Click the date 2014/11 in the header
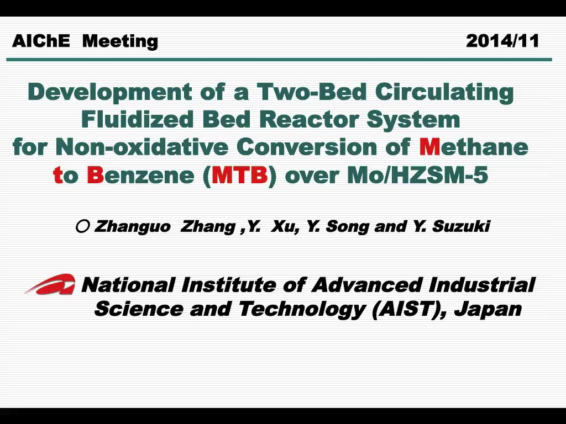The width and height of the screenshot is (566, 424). pyautogui.click(x=502, y=41)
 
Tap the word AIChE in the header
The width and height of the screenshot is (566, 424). pyautogui.click(x=41, y=41)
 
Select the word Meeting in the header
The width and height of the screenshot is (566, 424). pyautogui.click(x=120, y=41)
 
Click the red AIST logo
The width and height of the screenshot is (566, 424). pyautogui.click(x=50, y=284)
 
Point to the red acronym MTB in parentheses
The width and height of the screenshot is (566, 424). pyautogui.click(x=240, y=175)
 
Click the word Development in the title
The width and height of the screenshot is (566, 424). pyautogui.click(x=110, y=92)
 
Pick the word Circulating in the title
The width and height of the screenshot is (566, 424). pyautogui.click(x=444, y=92)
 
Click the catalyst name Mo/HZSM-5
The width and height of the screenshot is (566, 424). pyautogui.click(x=418, y=175)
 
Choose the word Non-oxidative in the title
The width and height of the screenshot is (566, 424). pyautogui.click(x=142, y=147)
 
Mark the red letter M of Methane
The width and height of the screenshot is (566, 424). pyautogui.click(x=429, y=147)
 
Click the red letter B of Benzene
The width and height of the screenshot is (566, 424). pyautogui.click(x=95, y=175)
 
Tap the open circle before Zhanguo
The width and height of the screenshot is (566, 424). pyautogui.click(x=83, y=226)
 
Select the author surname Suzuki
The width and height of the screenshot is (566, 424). pyautogui.click(x=461, y=226)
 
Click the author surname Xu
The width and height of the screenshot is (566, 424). pyautogui.click(x=285, y=227)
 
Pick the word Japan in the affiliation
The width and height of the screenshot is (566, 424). pyautogui.click(x=488, y=309)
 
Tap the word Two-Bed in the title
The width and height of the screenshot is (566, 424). pyautogui.click(x=312, y=92)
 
